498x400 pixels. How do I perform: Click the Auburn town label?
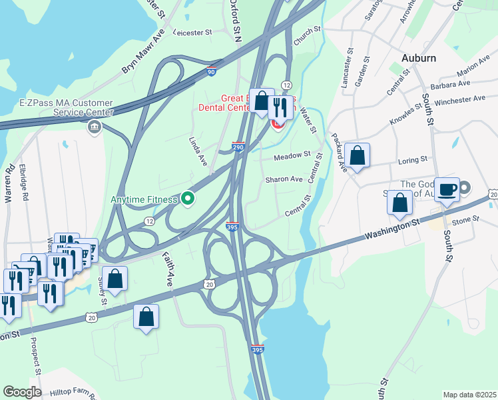(418, 58)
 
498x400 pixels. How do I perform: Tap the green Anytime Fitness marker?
(188, 198)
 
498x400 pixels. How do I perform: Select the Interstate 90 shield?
(211, 71)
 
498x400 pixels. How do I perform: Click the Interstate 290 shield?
(238, 146)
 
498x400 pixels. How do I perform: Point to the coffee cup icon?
(447, 189)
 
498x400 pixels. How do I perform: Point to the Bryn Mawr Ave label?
(142, 52)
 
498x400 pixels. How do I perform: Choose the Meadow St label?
(293, 155)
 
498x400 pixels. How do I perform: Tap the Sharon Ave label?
(284, 179)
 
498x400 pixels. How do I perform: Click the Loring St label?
(413, 160)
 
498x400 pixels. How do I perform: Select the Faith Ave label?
(166, 269)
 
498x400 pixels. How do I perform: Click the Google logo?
(22, 391)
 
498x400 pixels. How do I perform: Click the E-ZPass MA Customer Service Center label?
(67, 109)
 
